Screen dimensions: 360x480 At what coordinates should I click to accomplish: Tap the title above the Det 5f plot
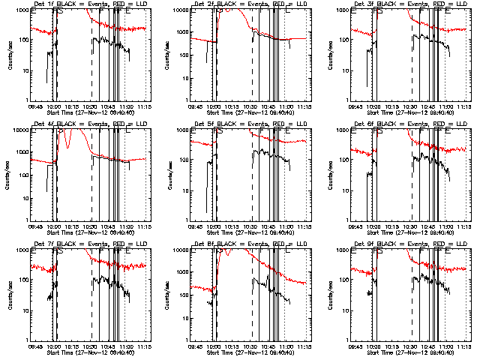pyautogui.click(x=249, y=124)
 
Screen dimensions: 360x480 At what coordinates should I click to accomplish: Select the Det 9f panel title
pyautogui.click(x=409, y=244)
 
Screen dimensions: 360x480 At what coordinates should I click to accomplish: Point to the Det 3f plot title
pyautogui.click(x=409, y=4)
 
